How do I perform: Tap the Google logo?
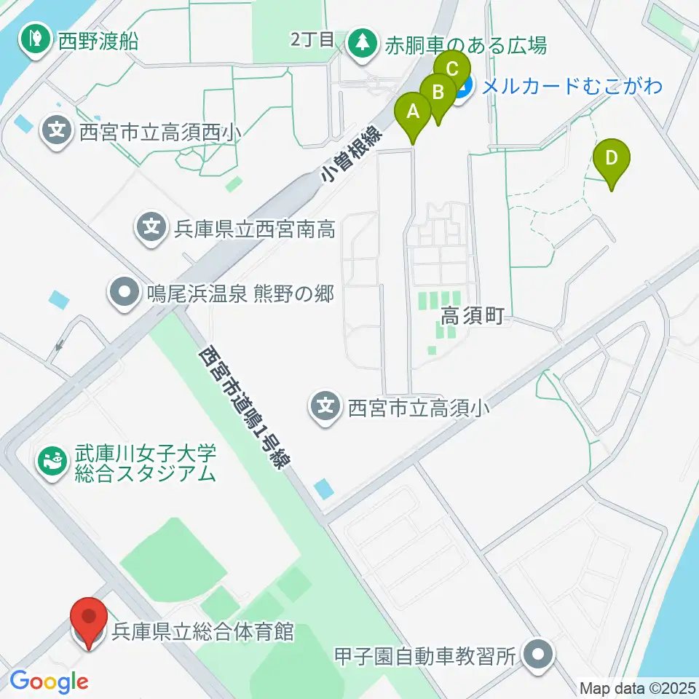point(49,682)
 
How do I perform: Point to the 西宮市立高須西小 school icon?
point(57,131)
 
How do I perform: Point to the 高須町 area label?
point(473,317)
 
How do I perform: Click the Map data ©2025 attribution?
point(638,687)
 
